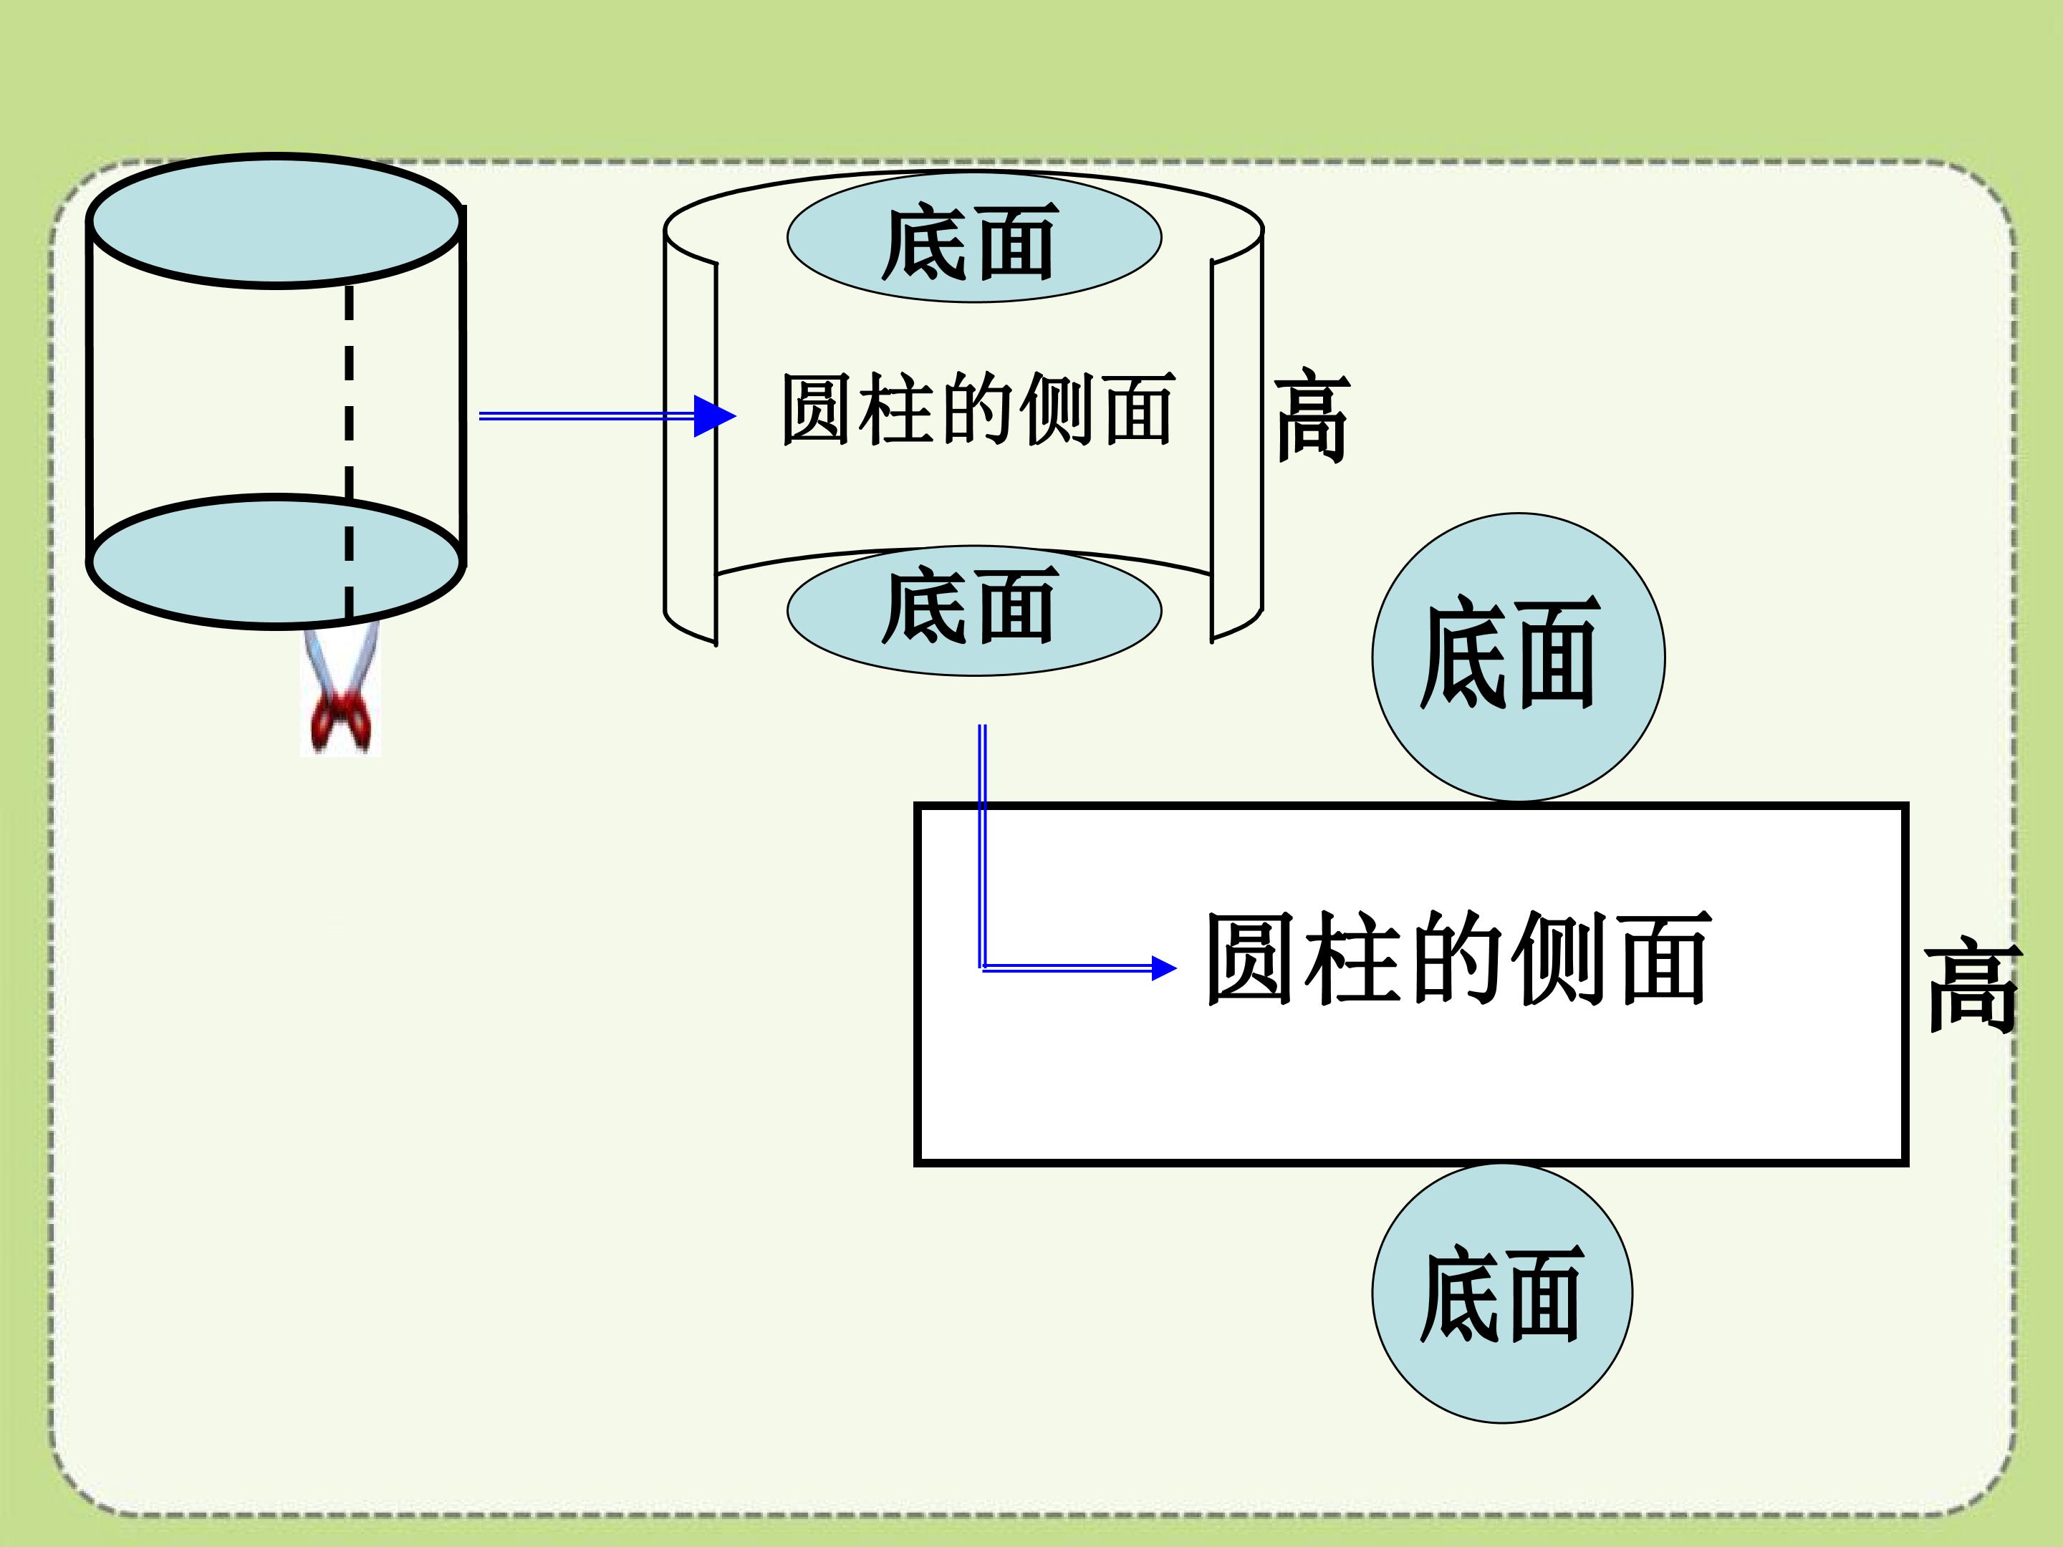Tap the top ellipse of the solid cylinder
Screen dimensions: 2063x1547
click(x=276, y=221)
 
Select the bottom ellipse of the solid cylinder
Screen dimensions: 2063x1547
click(x=276, y=562)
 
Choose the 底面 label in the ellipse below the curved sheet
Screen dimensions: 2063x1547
click(x=970, y=605)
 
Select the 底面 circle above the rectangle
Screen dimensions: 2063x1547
click(x=1519, y=657)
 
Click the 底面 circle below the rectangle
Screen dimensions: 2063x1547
click(x=1501, y=1293)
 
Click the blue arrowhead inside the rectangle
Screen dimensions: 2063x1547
click(x=1164, y=969)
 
